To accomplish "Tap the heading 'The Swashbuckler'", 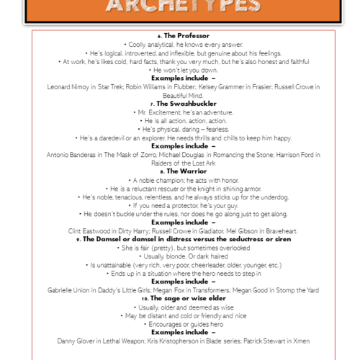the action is pos(186,103).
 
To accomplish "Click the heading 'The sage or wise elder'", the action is pos(186,298).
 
